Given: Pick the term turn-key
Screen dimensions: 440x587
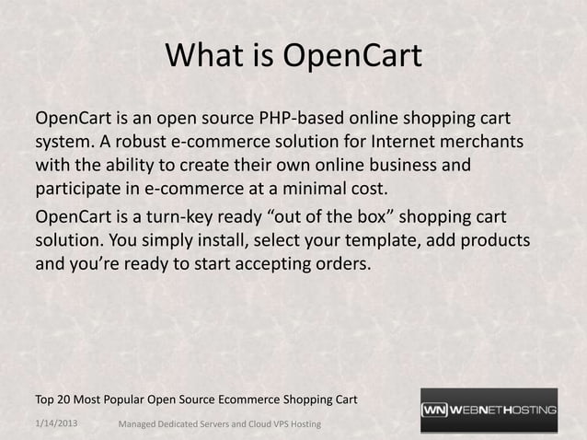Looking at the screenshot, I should (196, 217).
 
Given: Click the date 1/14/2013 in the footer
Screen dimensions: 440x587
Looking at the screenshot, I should (56, 423).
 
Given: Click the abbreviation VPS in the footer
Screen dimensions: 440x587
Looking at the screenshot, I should (293, 424).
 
